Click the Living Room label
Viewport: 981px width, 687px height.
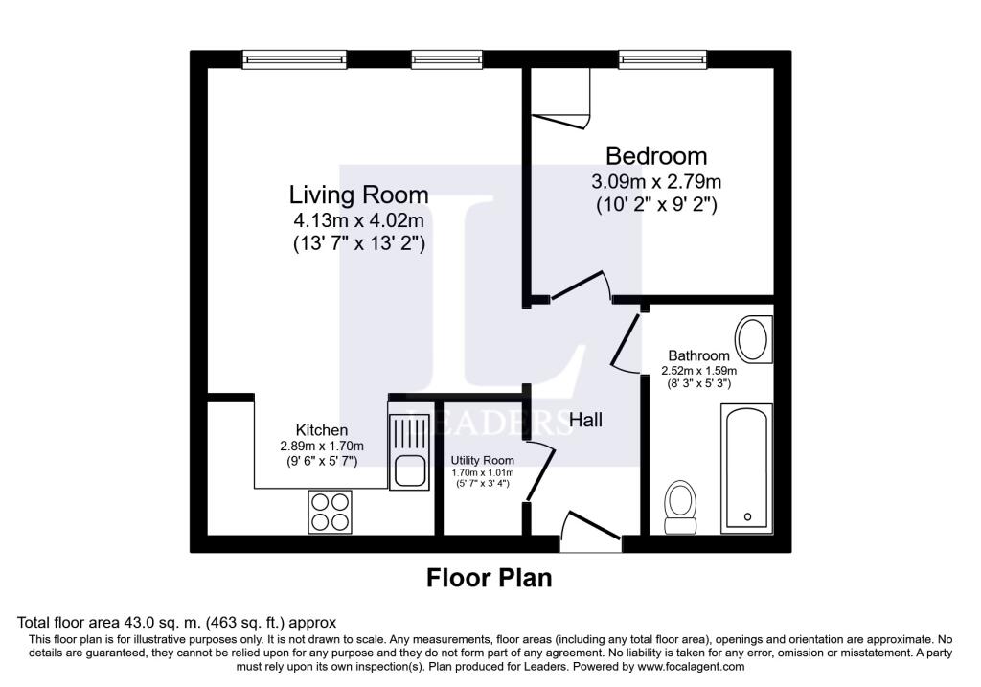coord(358,195)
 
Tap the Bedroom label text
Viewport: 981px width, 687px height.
coord(656,155)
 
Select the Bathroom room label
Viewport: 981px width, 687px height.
coord(698,355)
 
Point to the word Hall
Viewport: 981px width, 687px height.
coord(585,420)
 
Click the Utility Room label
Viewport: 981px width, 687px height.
coord(483,461)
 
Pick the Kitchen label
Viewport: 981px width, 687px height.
coord(322,430)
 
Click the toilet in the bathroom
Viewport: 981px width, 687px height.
coord(680,507)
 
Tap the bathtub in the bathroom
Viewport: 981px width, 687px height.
coord(746,469)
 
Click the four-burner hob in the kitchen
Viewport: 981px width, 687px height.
coord(331,512)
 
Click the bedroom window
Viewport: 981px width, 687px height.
coord(663,59)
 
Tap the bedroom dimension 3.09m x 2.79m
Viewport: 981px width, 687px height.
coord(656,181)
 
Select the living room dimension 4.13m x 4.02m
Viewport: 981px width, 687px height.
coord(358,220)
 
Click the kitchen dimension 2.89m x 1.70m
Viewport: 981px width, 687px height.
coord(322,447)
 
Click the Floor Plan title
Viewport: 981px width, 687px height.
coord(490,578)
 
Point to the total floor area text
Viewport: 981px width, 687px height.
coord(176,623)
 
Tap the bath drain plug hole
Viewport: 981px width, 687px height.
coord(747,516)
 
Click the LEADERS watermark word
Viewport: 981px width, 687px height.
coord(490,423)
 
